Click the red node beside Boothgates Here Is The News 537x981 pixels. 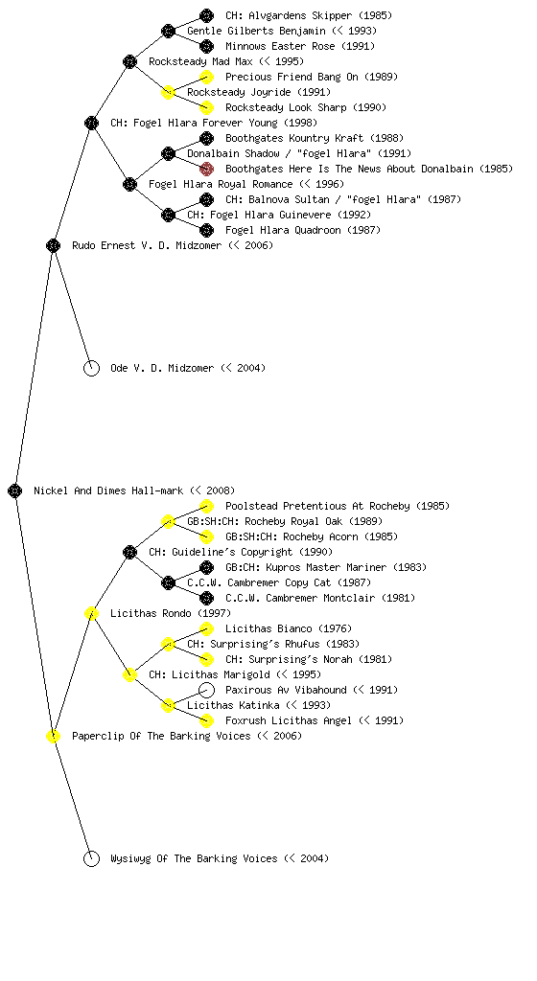point(206,169)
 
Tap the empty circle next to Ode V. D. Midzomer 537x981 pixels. point(91,368)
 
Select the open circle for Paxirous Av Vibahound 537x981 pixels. point(206,690)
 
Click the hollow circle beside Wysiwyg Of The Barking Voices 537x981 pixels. point(91,858)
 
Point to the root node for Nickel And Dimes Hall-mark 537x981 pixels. point(15,490)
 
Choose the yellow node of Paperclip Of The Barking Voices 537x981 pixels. point(53,736)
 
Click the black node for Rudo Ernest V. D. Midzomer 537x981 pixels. point(53,245)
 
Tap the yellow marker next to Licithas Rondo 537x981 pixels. point(91,613)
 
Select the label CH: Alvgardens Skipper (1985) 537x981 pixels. point(309,15)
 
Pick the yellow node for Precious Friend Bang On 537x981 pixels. point(206,77)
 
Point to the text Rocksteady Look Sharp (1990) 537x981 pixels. point(306,107)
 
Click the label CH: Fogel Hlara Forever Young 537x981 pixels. point(194,123)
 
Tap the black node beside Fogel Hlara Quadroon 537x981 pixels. point(206,230)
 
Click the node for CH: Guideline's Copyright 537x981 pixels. point(129,552)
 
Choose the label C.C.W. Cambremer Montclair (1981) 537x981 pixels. point(320,598)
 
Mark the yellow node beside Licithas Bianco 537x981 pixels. point(206,628)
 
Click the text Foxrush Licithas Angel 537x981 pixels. point(289,720)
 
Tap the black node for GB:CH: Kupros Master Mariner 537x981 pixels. point(206,567)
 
